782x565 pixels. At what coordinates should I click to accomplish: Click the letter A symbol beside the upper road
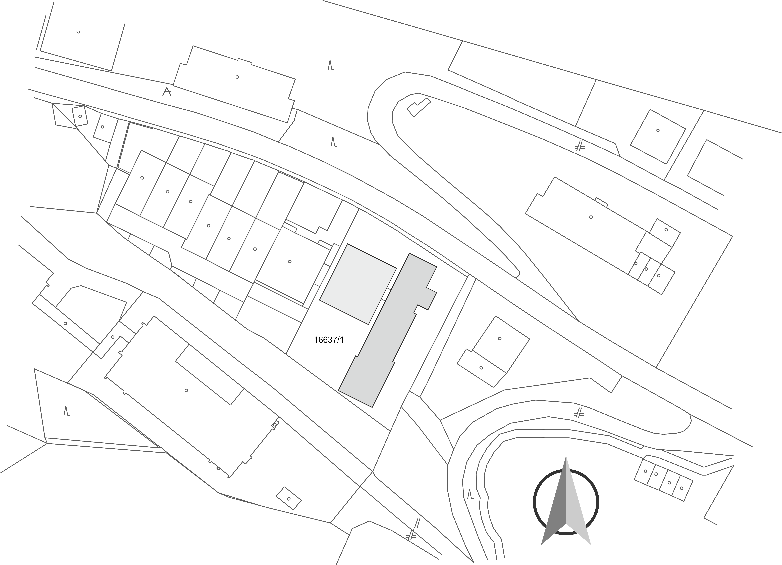[x=167, y=92]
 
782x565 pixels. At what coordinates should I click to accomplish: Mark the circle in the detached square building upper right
[x=658, y=130]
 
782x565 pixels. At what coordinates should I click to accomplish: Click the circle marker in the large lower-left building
[x=186, y=390]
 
